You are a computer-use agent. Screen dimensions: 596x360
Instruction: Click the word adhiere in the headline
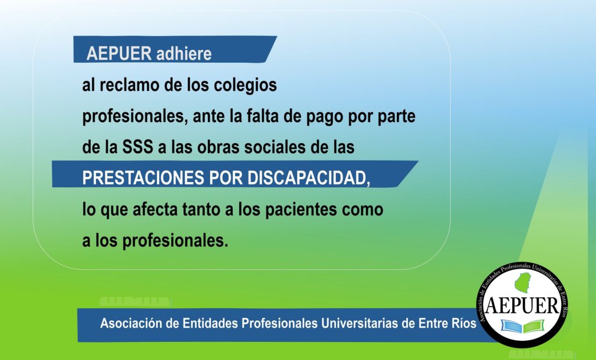coord(184,53)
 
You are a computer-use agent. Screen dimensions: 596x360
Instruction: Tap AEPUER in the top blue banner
coord(119,53)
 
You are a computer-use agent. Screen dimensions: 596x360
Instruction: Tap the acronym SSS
coord(137,147)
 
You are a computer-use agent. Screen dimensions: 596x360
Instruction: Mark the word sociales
coord(275,147)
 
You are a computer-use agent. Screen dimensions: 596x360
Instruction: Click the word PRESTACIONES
coord(143,178)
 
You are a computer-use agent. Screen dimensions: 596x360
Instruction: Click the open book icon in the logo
coord(522,326)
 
